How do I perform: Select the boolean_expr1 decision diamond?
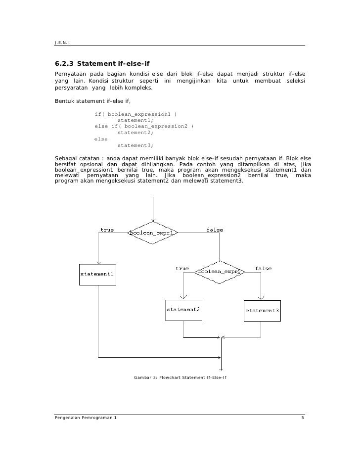click(153, 233)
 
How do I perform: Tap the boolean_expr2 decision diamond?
click(220, 272)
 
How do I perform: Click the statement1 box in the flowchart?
click(97, 274)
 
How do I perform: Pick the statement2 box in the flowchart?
click(183, 310)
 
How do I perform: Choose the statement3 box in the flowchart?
click(262, 310)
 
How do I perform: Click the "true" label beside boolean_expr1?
click(107, 230)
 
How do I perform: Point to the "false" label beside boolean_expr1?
click(215, 230)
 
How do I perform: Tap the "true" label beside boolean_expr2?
click(182, 268)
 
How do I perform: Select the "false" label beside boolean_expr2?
click(263, 268)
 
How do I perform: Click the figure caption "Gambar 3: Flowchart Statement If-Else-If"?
click(180, 378)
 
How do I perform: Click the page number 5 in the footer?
click(303, 419)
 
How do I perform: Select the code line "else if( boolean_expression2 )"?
click(144, 126)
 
